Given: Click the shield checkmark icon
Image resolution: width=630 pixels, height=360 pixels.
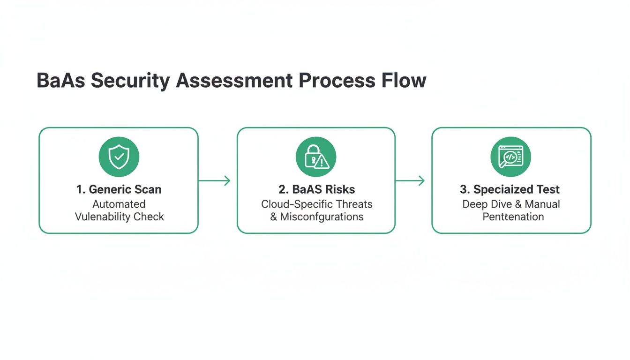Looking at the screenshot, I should (x=119, y=157).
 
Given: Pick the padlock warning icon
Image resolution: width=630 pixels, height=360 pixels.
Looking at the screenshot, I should (x=316, y=157).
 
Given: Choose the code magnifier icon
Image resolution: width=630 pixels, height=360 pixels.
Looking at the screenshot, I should (x=511, y=157).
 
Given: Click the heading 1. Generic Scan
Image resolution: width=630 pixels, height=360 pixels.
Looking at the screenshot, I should (x=119, y=190).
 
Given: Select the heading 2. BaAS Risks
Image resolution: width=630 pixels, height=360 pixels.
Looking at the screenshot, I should (x=316, y=190).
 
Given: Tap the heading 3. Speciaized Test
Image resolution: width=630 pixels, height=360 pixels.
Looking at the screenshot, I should (x=510, y=190).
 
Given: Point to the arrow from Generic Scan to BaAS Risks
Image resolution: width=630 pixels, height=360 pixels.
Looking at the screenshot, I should (x=214, y=180).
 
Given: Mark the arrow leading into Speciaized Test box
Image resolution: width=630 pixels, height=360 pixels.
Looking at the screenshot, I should (x=410, y=180).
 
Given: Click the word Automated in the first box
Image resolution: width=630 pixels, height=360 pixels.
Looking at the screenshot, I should (x=119, y=204).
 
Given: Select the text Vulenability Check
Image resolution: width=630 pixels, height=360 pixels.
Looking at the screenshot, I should (x=120, y=217).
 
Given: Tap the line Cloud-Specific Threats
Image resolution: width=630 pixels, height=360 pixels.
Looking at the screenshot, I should (x=316, y=204).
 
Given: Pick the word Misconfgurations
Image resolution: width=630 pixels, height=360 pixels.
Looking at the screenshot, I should (x=322, y=217).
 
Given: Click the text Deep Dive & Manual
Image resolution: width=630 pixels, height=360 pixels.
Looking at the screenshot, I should (x=511, y=204).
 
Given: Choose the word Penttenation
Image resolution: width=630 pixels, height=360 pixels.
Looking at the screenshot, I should (x=513, y=217).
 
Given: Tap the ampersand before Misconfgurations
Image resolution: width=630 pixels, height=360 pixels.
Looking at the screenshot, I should (x=274, y=217).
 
